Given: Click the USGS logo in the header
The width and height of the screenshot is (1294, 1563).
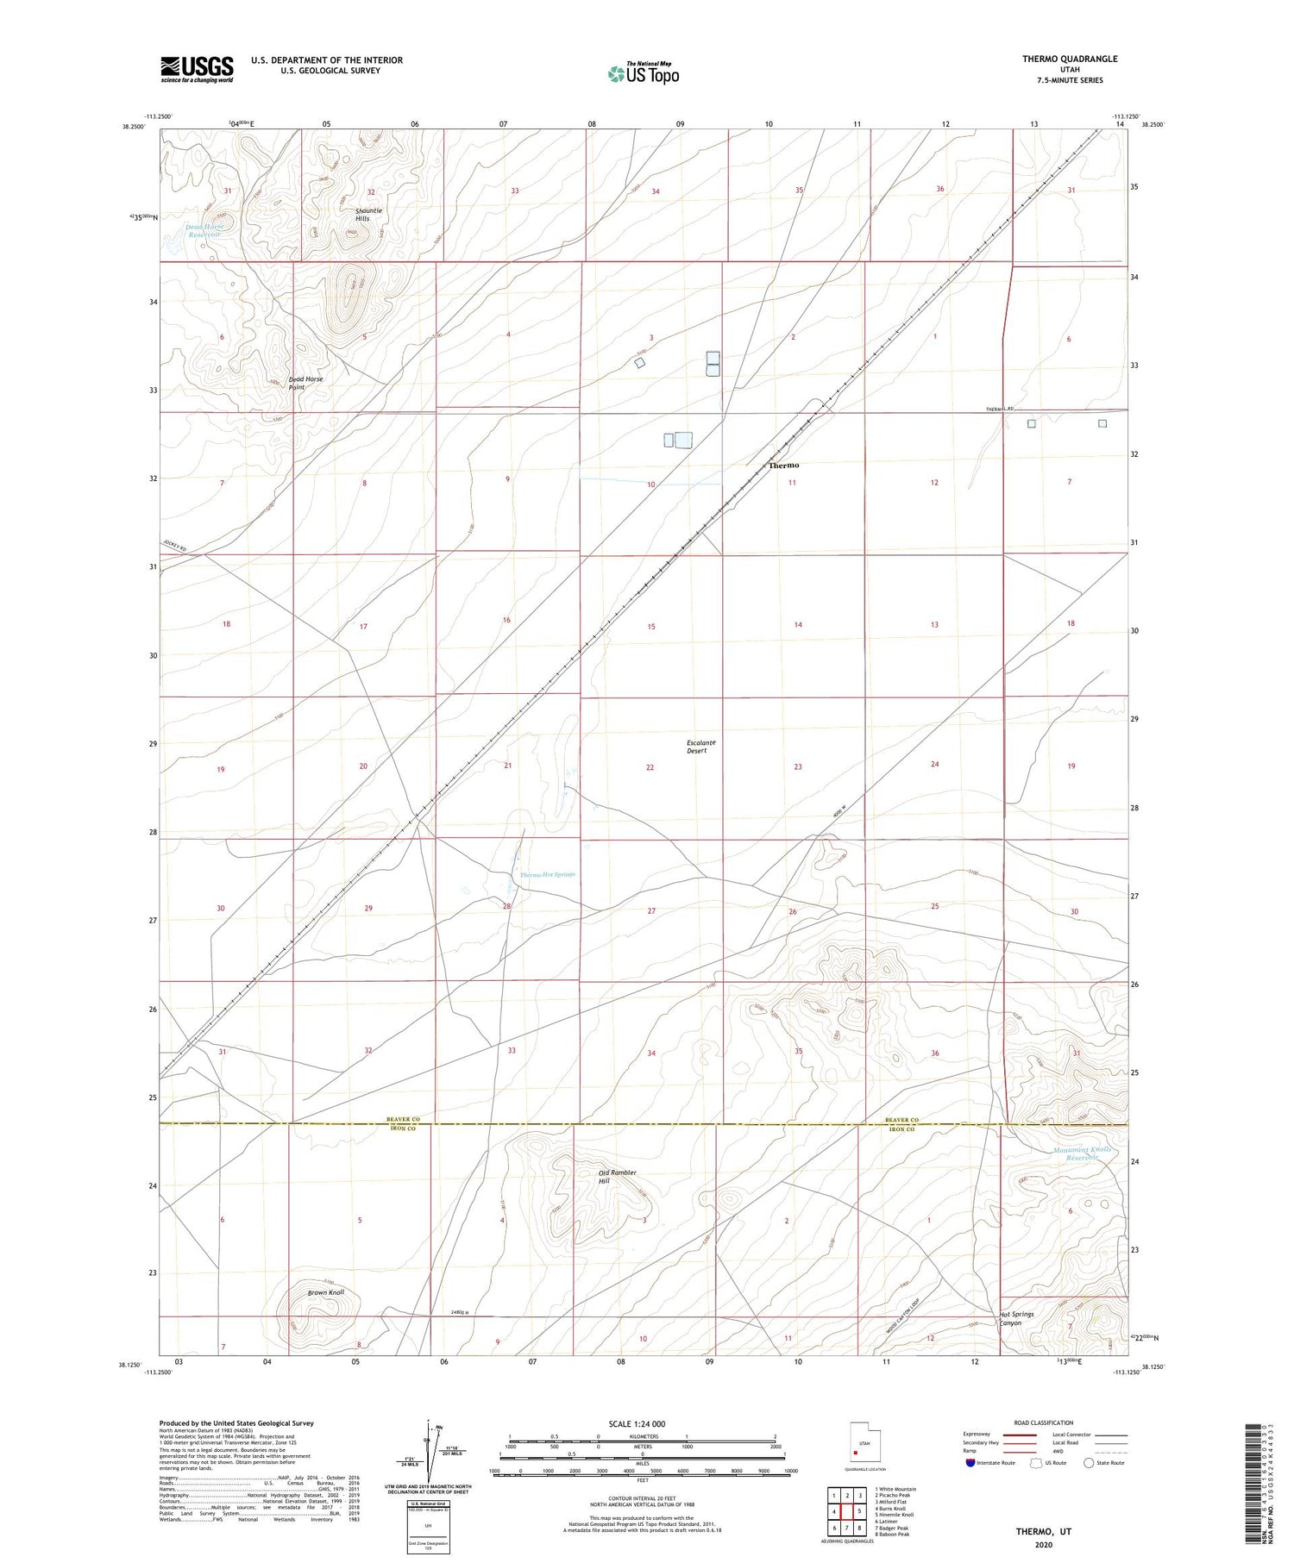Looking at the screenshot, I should click(197, 69).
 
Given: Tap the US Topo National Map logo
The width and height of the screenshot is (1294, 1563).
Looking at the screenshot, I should click(643, 73).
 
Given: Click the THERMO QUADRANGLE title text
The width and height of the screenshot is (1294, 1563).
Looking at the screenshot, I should click(1069, 59).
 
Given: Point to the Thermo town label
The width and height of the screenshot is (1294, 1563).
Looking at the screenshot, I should click(783, 466).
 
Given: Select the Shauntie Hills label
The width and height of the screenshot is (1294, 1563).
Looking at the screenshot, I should click(368, 215).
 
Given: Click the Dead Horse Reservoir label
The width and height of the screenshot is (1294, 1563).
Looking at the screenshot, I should click(206, 230).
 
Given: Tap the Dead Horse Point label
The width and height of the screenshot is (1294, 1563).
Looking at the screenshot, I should click(305, 383).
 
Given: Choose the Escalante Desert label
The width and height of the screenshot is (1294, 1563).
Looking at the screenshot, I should click(700, 746).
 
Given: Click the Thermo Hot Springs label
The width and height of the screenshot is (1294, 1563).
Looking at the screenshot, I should click(547, 874).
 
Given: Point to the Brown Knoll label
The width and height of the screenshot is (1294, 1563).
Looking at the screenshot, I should click(326, 1293).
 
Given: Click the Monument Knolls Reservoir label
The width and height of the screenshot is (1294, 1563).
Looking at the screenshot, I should click(1083, 1153).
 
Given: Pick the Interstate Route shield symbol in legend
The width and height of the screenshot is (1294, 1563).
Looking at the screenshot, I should click(970, 1463).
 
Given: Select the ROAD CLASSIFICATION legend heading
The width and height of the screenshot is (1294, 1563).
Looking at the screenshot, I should click(1044, 1422).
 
